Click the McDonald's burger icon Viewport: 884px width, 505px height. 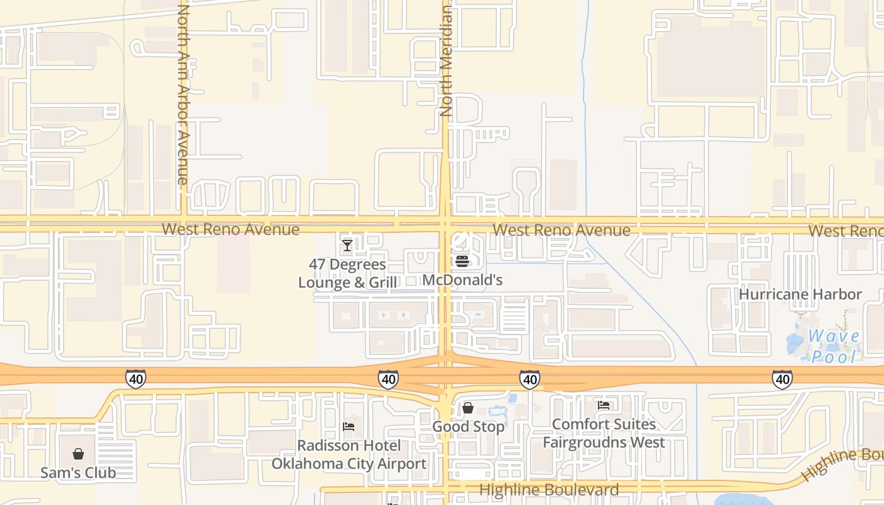(x=462, y=261)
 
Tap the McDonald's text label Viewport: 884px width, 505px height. (x=462, y=280)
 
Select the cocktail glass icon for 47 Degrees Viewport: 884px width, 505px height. (x=347, y=246)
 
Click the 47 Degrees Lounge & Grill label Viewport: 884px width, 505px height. (x=348, y=273)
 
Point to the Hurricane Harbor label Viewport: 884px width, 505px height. (x=800, y=294)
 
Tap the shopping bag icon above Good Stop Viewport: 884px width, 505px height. (x=468, y=408)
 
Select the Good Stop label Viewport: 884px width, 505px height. (x=468, y=427)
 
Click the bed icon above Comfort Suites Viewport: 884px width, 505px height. (x=604, y=405)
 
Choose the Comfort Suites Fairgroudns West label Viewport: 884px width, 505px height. (x=604, y=433)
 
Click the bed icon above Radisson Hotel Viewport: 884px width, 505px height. (x=349, y=427)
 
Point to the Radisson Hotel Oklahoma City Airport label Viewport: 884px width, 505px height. (x=349, y=454)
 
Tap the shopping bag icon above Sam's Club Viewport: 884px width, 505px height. (x=78, y=454)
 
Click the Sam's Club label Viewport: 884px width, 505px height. (x=78, y=472)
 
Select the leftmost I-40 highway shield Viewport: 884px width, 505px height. (x=135, y=379)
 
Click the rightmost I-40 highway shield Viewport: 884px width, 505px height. (x=782, y=379)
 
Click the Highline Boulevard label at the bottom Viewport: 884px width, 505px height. (x=549, y=489)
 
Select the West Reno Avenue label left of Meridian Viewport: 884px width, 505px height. (x=230, y=229)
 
